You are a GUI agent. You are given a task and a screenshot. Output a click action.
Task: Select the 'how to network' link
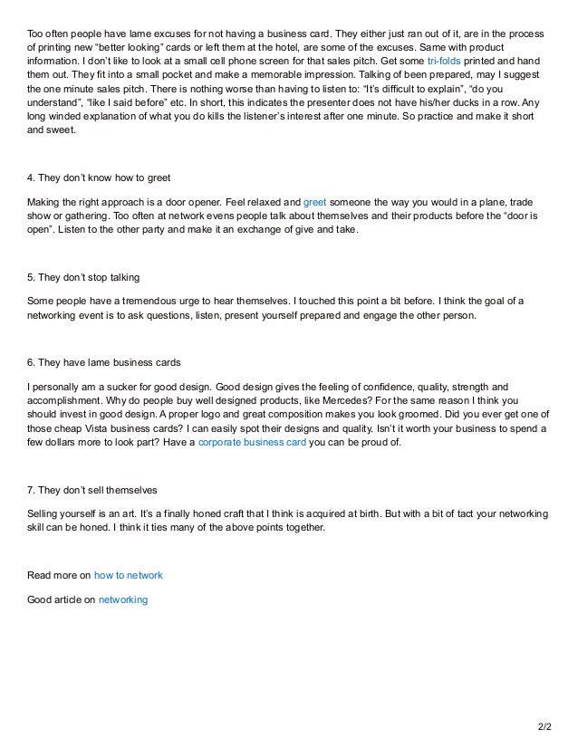129,576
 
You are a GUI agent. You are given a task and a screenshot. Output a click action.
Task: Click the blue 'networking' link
123,599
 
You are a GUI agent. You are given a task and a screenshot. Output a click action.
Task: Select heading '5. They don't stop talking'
82,276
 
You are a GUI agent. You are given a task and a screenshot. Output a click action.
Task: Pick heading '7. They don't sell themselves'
92,491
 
